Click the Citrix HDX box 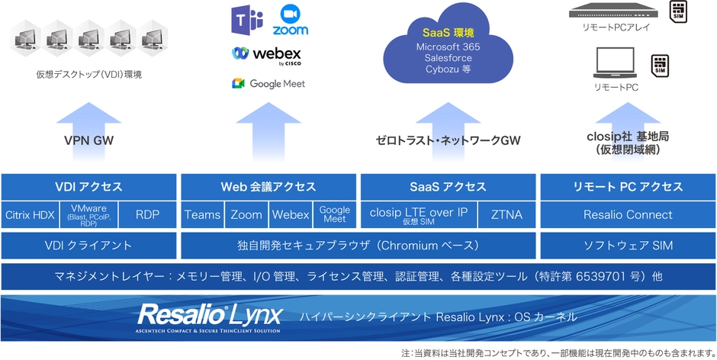(31, 215)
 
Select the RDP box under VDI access (147, 215)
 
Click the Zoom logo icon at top (290, 21)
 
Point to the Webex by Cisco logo (268, 55)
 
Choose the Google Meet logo (268, 83)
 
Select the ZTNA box (506, 215)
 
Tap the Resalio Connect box (628, 215)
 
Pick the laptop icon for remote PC (615, 64)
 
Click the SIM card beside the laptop (660, 66)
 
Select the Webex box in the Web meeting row (290, 215)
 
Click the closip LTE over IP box (418, 215)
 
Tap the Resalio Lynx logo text (210, 314)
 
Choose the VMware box (88, 215)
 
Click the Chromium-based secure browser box (358, 246)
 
